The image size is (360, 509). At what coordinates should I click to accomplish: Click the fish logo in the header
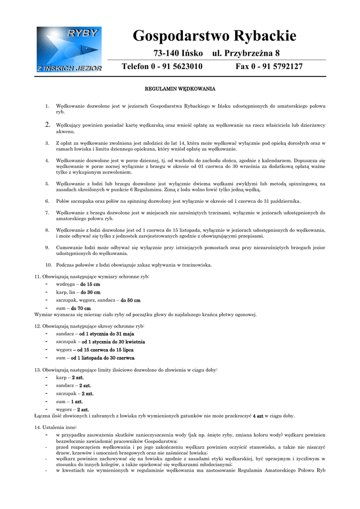point(69,49)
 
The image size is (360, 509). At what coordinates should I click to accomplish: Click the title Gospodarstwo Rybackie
point(214,36)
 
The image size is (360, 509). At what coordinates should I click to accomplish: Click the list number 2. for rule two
point(48,125)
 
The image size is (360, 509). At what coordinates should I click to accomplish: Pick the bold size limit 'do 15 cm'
point(90,284)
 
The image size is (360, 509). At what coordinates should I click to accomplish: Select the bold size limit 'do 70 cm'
point(81,308)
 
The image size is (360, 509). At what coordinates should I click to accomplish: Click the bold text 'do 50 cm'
point(130,300)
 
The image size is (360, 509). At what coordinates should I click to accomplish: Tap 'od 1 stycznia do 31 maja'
point(106,334)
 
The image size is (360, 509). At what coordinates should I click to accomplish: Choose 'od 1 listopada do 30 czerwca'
point(102,358)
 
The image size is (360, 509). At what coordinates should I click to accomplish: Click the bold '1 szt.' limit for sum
point(77,402)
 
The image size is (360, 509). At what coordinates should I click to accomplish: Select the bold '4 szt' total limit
point(258,416)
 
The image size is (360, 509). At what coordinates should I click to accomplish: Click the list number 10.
point(49,265)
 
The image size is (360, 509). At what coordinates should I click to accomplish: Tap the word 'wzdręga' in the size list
point(65,284)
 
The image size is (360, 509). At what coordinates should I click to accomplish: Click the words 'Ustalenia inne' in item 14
point(59,427)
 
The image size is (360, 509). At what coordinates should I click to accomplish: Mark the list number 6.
point(47,201)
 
